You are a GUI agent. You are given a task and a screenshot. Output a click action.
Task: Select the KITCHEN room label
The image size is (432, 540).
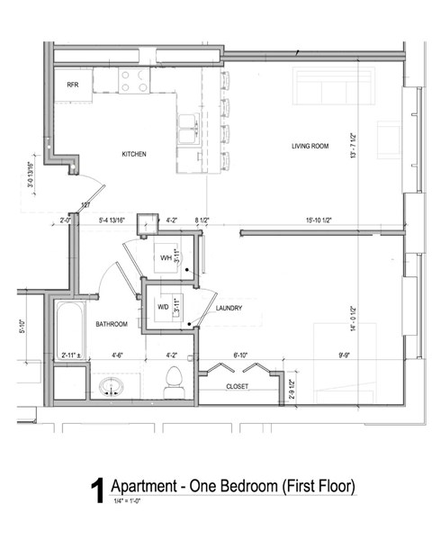point(134,154)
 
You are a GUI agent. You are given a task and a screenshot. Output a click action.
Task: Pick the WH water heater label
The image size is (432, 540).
point(166,258)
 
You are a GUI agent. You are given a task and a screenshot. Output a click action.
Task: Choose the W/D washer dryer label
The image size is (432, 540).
point(163,306)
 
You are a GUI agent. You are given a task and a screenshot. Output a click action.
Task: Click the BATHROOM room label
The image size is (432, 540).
point(112,323)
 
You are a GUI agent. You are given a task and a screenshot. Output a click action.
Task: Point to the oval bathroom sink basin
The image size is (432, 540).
point(112,388)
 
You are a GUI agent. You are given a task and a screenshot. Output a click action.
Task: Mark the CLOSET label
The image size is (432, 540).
point(238,386)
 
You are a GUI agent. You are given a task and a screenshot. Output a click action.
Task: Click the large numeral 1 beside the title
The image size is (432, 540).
point(96,491)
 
